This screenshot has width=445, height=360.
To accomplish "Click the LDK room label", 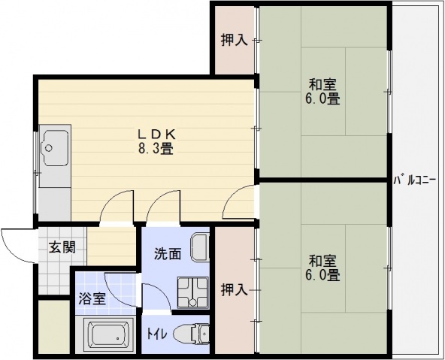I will coord(156,134).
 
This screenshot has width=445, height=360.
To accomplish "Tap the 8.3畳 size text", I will coord(156,148).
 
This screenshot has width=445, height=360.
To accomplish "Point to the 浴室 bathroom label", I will coord(93,298).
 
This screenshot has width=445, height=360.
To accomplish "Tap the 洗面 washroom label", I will coord(168,253).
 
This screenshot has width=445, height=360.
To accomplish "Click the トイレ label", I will coord(156,331).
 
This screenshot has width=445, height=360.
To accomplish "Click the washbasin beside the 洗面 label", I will coord(199,247).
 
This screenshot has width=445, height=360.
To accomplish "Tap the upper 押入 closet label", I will coord(234,40).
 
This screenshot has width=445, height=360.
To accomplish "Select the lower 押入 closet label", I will coord(234,288).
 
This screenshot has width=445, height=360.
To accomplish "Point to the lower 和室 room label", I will coord(323,261).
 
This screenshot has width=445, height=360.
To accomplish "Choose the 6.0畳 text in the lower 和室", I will coord(323,276).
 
